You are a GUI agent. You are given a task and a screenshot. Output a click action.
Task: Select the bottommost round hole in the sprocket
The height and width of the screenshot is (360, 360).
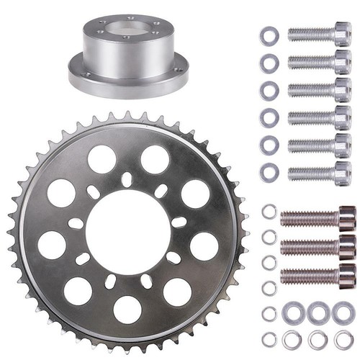point(128,309)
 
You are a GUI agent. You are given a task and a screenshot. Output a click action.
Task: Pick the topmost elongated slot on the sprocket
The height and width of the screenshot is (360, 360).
point(127,179)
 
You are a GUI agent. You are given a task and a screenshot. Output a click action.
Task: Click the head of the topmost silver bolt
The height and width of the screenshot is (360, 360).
point(342,34)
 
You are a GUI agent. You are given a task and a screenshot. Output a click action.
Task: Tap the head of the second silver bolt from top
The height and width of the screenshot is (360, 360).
point(342,62)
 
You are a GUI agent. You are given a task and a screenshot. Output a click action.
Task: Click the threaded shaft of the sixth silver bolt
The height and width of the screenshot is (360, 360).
point(310,172)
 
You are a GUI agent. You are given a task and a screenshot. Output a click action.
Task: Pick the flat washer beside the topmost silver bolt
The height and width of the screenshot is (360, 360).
point(269,34)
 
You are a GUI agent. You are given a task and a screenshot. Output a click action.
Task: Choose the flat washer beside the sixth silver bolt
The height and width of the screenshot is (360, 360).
point(269,171)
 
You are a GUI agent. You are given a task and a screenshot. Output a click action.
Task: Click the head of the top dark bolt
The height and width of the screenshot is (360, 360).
point(346,217)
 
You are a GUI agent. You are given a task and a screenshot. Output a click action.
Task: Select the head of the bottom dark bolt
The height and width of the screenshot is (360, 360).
point(346,275)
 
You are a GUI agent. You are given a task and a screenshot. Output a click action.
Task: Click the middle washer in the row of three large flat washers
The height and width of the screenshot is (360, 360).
point(318,312)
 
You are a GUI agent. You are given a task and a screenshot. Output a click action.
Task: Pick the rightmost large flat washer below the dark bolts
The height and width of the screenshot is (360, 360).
point(343,312)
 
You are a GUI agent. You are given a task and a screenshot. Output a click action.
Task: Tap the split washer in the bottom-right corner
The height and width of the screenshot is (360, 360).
point(343,339)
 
